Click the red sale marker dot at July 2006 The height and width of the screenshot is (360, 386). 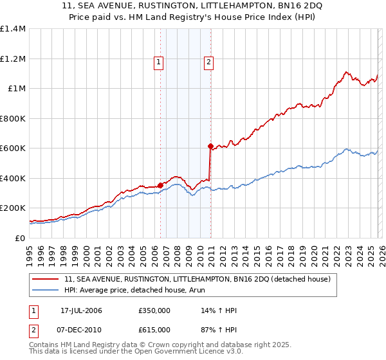click(160, 186)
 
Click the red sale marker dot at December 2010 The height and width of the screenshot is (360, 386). click(210, 146)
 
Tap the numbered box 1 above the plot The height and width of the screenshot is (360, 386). click(159, 62)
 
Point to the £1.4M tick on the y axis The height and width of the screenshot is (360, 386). click(13, 29)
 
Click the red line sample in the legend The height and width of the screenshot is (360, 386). click(46, 279)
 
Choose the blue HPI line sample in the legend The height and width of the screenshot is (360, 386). click(46, 290)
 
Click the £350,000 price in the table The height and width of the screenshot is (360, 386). click(154, 310)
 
